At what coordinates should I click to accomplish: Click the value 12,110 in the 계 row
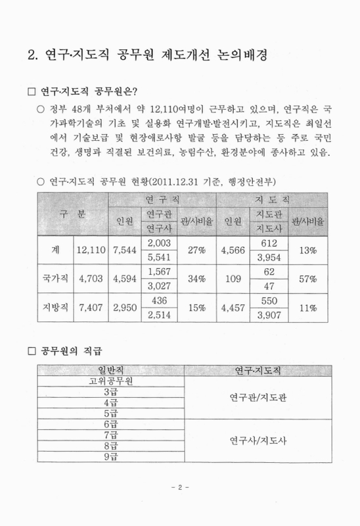(x=91, y=250)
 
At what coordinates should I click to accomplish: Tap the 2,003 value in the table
(x=160, y=243)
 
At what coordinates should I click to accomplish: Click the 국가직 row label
(x=55, y=279)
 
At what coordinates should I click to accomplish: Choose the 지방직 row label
(x=55, y=306)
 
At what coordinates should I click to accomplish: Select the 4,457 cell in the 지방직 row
(x=233, y=306)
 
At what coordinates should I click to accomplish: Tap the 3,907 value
(x=268, y=314)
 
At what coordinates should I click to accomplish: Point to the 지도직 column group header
(x=273, y=198)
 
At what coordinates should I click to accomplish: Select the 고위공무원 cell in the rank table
(x=110, y=381)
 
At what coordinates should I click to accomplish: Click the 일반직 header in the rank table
(x=110, y=371)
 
